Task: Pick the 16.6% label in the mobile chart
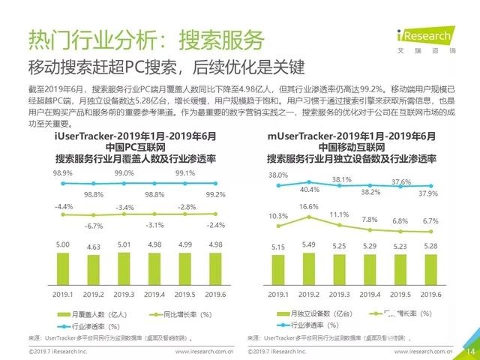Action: (x=308, y=205)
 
